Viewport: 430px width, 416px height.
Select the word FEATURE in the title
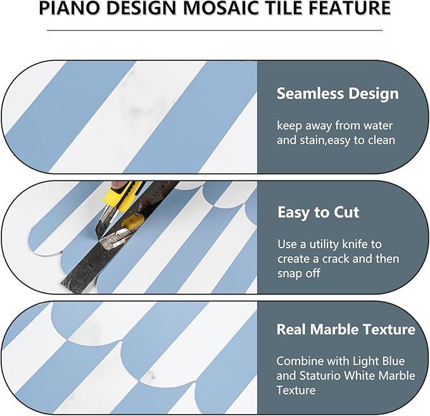coord(351,9)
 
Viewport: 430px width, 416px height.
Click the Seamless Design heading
coord(338,94)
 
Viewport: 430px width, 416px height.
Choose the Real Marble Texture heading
coord(346,330)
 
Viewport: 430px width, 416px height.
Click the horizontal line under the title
coord(215,29)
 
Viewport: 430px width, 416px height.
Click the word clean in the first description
coord(381,140)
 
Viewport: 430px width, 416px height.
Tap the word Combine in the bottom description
coord(299,361)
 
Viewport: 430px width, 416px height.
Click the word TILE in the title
coord(286,9)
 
